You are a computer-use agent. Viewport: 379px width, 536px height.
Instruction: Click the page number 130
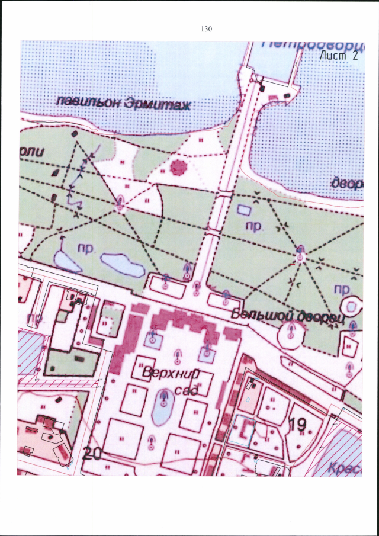pos(207,28)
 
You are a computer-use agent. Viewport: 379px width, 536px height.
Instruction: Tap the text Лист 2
pos(338,56)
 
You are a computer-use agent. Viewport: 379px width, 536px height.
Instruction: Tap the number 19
pos(298,424)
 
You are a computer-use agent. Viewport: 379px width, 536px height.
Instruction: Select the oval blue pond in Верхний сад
pos(160,408)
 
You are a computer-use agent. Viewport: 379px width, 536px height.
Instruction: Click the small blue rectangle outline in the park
pos(243,209)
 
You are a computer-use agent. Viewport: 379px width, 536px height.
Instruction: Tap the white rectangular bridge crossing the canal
pos(224,195)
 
